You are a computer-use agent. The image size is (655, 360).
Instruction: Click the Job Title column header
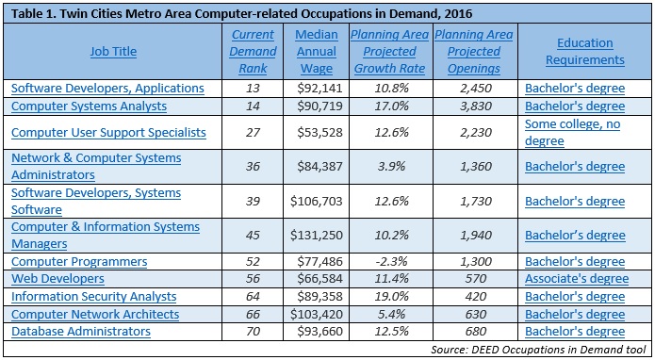[x=113, y=52]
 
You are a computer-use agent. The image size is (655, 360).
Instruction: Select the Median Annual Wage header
[x=317, y=52]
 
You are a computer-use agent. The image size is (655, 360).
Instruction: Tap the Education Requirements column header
[x=585, y=52]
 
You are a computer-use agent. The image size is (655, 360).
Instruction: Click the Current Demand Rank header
[x=253, y=52]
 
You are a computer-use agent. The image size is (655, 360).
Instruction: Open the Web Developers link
[x=57, y=279]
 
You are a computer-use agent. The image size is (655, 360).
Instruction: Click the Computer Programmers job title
[x=79, y=261]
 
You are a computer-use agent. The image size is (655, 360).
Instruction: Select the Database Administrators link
[x=81, y=331]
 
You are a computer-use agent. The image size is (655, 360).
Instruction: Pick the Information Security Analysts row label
[x=93, y=296]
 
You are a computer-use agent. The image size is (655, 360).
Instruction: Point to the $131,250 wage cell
[x=317, y=235]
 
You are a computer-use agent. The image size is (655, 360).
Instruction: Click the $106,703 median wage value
[x=317, y=202]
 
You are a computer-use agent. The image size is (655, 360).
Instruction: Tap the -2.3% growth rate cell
[x=390, y=261]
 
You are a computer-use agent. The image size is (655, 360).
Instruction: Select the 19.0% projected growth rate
[x=390, y=296]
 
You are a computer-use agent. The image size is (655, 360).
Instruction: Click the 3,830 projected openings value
[x=475, y=106]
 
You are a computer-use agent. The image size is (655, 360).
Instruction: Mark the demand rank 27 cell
[x=253, y=132]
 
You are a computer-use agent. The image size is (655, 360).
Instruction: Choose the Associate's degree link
[x=577, y=279]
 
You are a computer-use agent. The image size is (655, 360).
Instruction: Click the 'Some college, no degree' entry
[x=572, y=132]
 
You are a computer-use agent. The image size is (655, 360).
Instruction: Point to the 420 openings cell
[x=475, y=296]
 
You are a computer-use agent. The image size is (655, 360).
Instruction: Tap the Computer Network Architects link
[x=95, y=314]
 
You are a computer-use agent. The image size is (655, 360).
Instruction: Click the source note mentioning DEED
[x=538, y=349]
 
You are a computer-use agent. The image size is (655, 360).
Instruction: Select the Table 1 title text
[x=241, y=14]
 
